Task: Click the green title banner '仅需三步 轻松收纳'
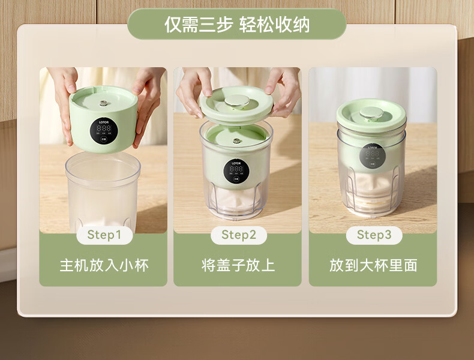[x=236, y=24]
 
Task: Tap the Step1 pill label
[x=104, y=235]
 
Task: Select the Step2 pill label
[x=239, y=235]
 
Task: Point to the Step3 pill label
[x=374, y=235]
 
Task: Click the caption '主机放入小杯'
[x=104, y=265]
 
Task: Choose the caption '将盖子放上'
[x=238, y=265]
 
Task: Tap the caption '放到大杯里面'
[x=373, y=265]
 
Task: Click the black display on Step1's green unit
[x=104, y=131]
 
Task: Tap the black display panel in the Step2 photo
[x=236, y=171]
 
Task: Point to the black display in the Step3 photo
[x=373, y=157]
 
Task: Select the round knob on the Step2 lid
[x=236, y=101]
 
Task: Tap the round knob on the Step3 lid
[x=371, y=113]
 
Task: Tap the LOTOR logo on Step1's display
[x=104, y=122]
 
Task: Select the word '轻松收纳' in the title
[x=274, y=25]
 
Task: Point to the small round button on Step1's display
[x=104, y=139]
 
